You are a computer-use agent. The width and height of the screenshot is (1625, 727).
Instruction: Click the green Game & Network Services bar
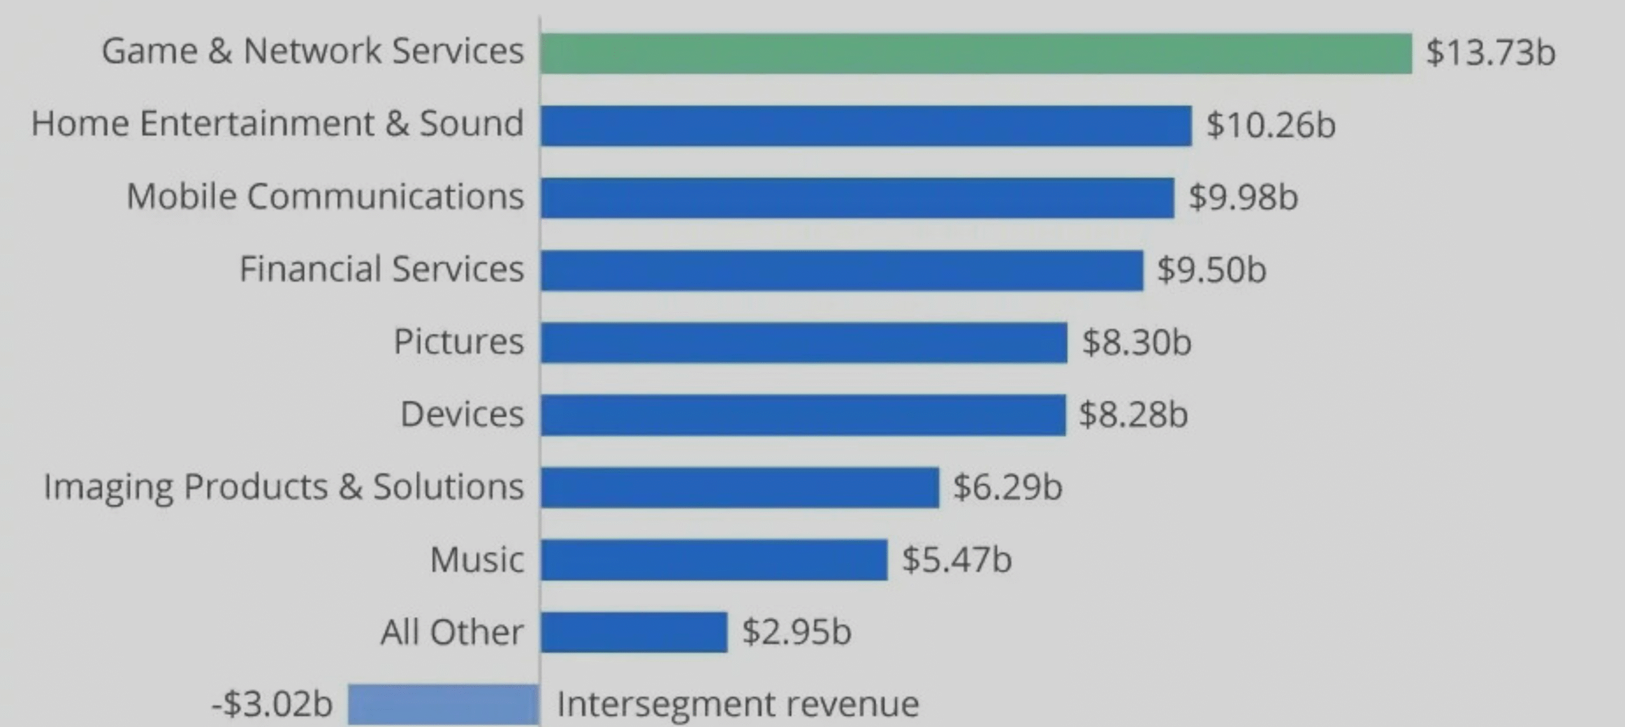click(976, 53)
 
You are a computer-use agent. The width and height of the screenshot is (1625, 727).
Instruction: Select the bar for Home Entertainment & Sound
click(866, 126)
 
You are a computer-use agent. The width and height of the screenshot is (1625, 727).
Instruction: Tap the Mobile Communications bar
click(857, 198)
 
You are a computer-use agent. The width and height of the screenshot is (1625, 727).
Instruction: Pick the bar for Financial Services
click(842, 270)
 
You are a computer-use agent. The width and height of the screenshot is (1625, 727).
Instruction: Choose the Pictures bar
click(804, 343)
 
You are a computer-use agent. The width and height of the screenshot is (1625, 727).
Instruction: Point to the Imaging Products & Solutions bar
click(740, 488)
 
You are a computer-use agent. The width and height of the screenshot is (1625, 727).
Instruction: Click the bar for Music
click(713, 560)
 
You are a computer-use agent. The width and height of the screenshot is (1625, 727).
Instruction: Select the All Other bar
click(633, 632)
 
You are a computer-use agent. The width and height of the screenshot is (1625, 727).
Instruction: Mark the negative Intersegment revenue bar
click(443, 704)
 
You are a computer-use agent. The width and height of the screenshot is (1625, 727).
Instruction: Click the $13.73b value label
click(1490, 52)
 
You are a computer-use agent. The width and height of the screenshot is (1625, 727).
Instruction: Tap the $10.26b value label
click(1271, 124)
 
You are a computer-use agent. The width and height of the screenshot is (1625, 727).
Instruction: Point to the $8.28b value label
click(1133, 415)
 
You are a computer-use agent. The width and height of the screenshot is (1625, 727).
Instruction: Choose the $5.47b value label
click(957, 559)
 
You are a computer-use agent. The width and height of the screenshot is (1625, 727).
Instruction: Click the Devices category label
click(462, 415)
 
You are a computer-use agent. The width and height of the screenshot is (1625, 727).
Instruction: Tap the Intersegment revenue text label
click(738, 704)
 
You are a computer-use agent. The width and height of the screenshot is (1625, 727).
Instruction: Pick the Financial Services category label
click(381, 269)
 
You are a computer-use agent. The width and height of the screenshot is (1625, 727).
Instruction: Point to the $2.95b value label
click(797, 632)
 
